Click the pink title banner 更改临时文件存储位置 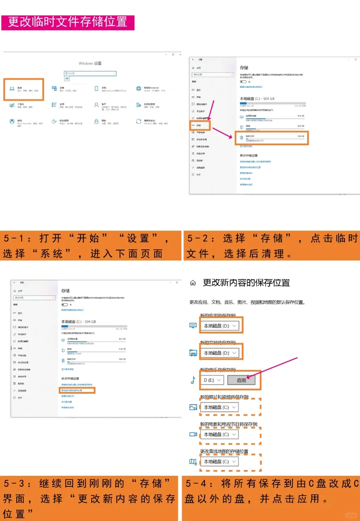pyautogui.click(x=68, y=22)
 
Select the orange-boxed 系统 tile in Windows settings pyautogui.click(x=24, y=89)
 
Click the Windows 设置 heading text pyautogui.click(x=90, y=63)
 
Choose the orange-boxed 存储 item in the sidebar pyautogui.click(x=200, y=125)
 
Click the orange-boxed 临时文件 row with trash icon pyautogui.click(x=272, y=138)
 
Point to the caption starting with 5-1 pyautogui.click(x=90, y=246)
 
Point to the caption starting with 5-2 pyautogui.click(x=272, y=246)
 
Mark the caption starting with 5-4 pyautogui.click(x=271, y=491)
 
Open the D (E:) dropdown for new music pyautogui.click(x=212, y=380)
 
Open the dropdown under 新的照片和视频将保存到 pyautogui.click(x=220, y=407)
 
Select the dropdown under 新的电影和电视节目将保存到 pyautogui.click(x=220, y=434)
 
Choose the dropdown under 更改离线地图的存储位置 pyautogui.click(x=220, y=462)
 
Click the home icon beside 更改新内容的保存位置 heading pyautogui.click(x=193, y=283)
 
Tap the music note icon pyautogui.click(x=193, y=380)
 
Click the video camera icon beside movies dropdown pyautogui.click(x=193, y=434)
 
